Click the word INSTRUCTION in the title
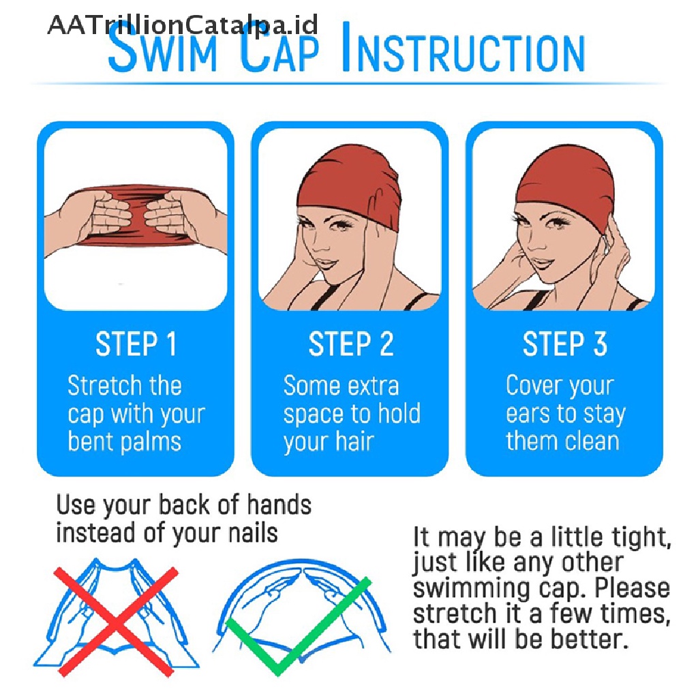coord(464,48)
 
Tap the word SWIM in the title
coord(162,48)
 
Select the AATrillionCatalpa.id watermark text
coord(183,25)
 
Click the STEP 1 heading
coord(136,344)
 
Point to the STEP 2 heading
coord(351,344)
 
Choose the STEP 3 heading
coord(565,344)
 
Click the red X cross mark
coord(115,622)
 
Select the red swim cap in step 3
coord(565,183)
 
